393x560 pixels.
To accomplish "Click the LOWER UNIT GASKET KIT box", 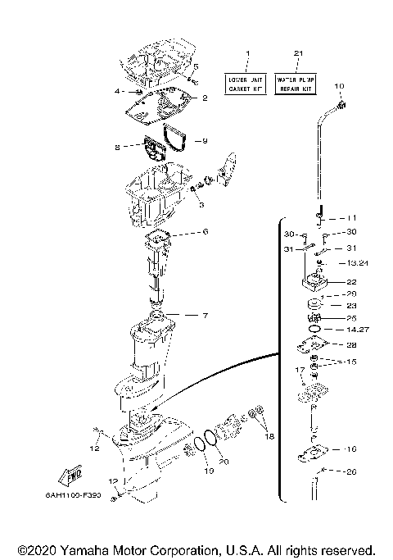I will point(246,82).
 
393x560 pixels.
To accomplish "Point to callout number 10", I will point(340,86).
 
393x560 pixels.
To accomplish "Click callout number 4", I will point(118,92).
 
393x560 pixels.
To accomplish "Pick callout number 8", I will point(118,147).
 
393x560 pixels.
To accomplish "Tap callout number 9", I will point(204,140).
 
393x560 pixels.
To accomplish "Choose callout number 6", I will point(205,232).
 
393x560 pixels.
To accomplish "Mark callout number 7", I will point(205,315).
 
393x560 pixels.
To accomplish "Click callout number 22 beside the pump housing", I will point(351,281).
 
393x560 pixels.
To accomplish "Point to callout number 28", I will point(351,345).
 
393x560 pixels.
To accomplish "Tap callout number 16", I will point(351,449).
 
